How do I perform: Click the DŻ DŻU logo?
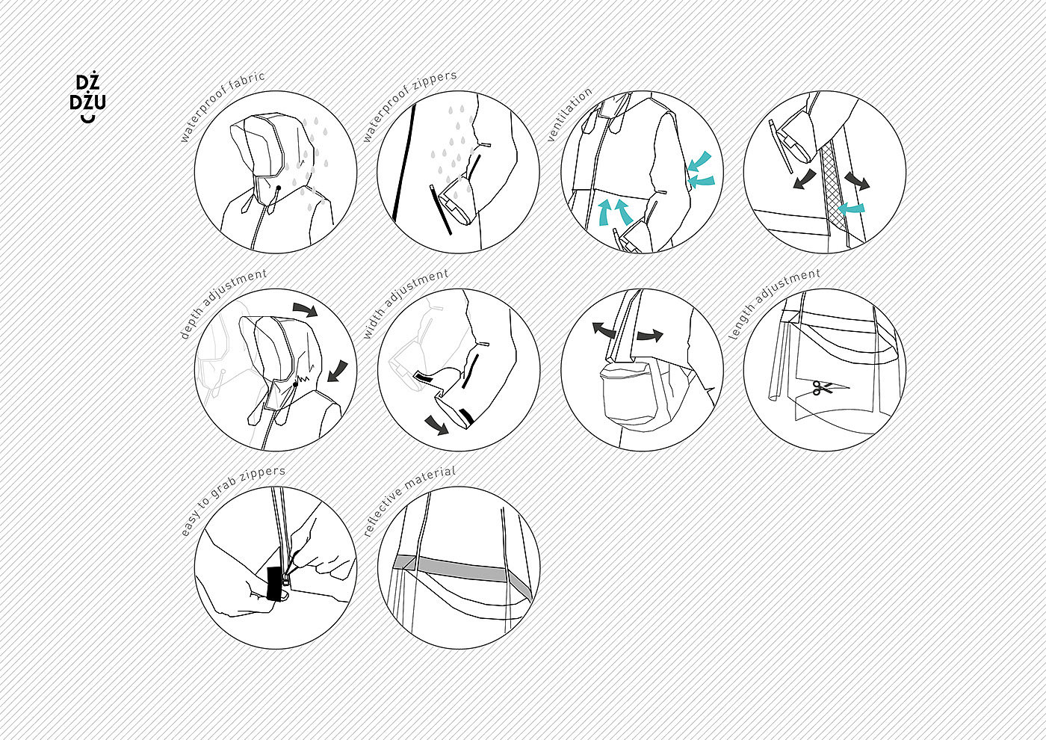(x=87, y=99)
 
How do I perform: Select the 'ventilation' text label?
(x=569, y=114)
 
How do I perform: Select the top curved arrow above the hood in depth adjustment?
(x=306, y=309)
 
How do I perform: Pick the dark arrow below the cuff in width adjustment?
(x=436, y=425)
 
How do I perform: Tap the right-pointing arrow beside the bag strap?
(x=650, y=336)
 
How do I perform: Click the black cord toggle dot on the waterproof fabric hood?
(x=278, y=188)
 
